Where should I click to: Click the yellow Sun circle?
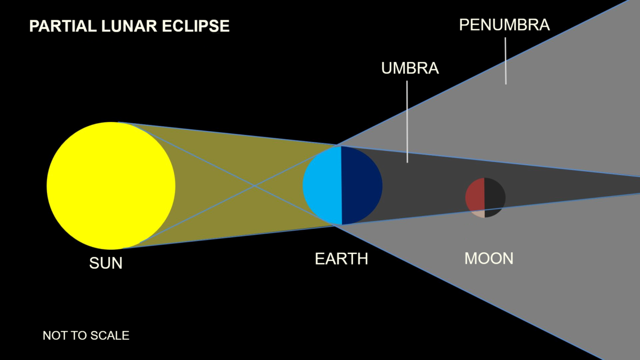[111, 186]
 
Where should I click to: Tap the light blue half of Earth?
[323, 186]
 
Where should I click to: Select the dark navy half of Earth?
[362, 186]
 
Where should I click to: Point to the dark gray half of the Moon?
[494, 197]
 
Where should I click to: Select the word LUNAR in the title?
[129, 26]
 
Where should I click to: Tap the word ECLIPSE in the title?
[196, 26]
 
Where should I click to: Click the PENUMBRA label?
[505, 25]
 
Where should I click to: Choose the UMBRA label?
[410, 68]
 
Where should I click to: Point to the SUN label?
[106, 263]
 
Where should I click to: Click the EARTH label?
[341, 259]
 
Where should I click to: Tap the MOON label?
[489, 258]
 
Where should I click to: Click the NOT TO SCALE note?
[86, 335]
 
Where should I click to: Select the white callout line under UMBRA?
[407, 122]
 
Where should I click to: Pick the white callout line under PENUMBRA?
[506, 61]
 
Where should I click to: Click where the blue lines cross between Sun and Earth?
[254, 186]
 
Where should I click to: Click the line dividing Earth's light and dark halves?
[341, 186]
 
